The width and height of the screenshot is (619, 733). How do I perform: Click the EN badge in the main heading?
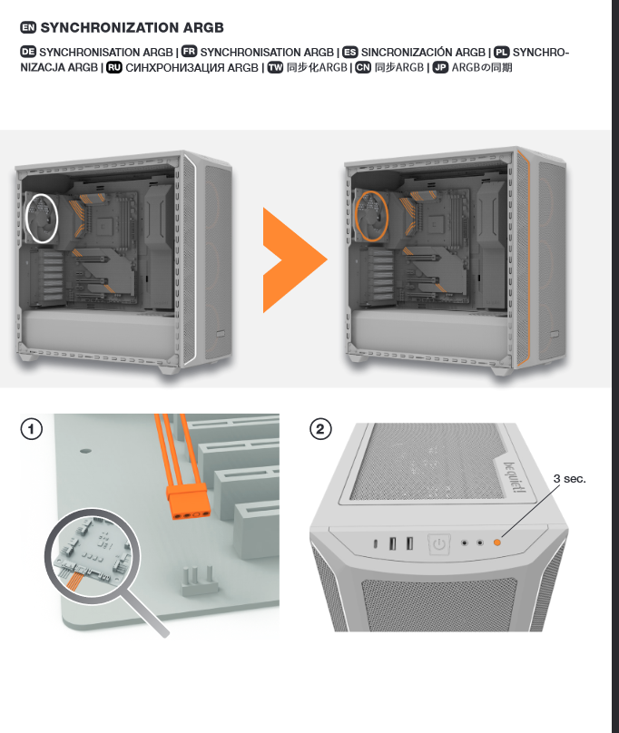[x=28, y=28]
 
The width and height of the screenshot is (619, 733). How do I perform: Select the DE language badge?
[x=28, y=53]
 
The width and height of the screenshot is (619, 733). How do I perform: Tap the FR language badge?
[x=190, y=53]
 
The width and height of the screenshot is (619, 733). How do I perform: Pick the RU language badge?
[x=114, y=68]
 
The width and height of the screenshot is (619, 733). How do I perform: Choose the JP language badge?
[x=440, y=68]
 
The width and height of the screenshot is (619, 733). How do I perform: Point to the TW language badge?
[x=276, y=68]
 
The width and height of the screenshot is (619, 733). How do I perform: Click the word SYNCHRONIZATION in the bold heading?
[x=110, y=28]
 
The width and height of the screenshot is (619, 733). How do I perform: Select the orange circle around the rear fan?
[x=372, y=216]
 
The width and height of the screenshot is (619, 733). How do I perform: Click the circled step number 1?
[x=32, y=427]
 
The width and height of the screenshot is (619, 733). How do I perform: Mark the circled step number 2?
[x=320, y=428]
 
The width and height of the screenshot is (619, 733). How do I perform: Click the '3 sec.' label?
[x=570, y=478]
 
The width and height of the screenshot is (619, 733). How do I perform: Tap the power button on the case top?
[x=439, y=544]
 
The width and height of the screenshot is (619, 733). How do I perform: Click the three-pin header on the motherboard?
[x=199, y=578]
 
